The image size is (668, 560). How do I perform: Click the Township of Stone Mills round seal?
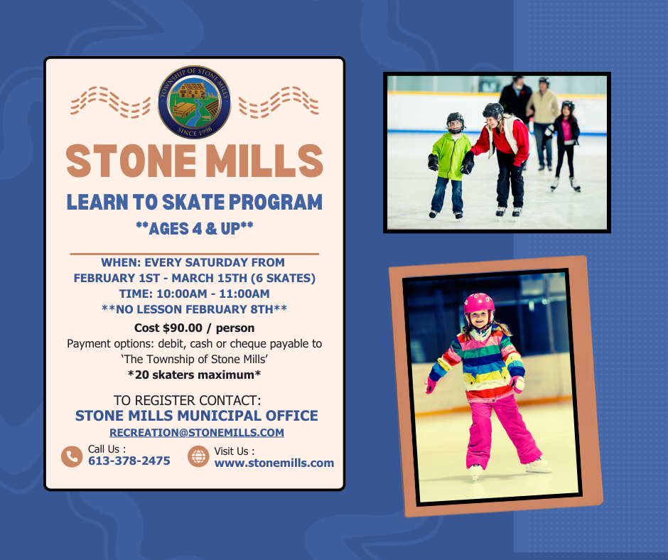(x=194, y=102)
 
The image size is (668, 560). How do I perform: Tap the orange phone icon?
(x=72, y=456)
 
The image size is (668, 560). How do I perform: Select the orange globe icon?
(x=198, y=456)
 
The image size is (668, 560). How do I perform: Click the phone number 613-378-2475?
(x=129, y=461)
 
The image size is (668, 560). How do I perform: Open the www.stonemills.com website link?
(x=274, y=463)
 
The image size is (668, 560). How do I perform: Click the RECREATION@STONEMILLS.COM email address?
(x=197, y=432)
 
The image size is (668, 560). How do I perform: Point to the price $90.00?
(x=183, y=328)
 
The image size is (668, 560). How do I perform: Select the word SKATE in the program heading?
(x=193, y=202)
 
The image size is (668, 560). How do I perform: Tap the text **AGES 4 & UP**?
(x=194, y=229)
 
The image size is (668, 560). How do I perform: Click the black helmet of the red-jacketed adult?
(x=493, y=111)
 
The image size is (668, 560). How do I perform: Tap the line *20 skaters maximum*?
(x=194, y=375)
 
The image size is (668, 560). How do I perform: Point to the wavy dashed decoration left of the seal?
(x=110, y=102)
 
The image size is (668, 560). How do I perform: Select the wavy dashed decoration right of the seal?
(x=279, y=102)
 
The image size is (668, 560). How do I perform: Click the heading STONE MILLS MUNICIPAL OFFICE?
(x=196, y=416)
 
